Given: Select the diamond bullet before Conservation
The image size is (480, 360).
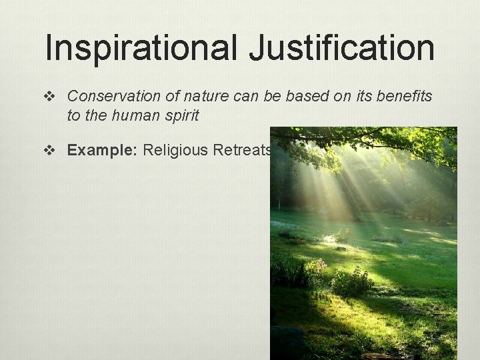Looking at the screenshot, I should pyautogui.click(x=53, y=97).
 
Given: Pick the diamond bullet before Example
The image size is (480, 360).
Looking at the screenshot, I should pyautogui.click(x=53, y=151).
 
